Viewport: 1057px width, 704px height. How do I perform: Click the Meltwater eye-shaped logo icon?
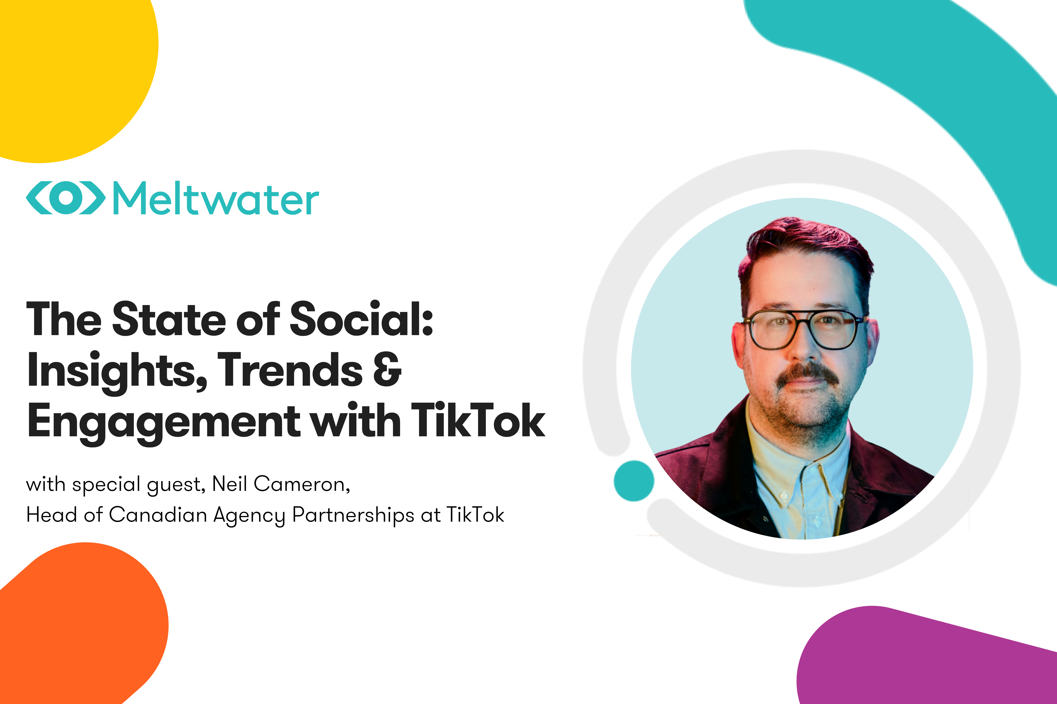pos(66,198)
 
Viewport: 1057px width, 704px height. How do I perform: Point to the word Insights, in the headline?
pos(117,371)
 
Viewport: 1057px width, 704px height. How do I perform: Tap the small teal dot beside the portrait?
pos(634,481)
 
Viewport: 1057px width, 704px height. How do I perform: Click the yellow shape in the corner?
pos(67,67)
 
